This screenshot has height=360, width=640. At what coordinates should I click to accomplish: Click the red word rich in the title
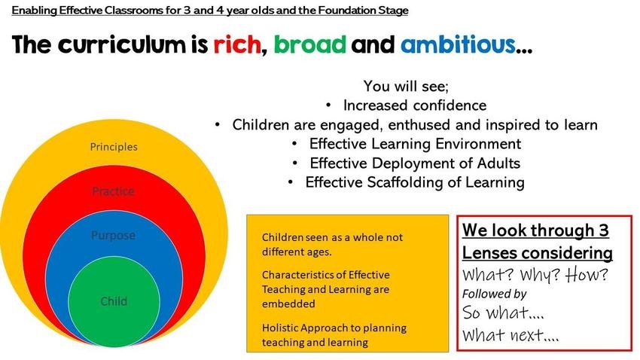click(x=237, y=44)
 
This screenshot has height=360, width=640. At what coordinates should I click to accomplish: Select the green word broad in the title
click(x=310, y=44)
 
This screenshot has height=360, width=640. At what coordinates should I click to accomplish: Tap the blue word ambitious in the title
click(x=459, y=44)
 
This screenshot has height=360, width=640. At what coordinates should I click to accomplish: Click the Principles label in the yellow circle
click(x=114, y=147)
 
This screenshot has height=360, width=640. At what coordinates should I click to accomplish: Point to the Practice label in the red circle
click(x=114, y=191)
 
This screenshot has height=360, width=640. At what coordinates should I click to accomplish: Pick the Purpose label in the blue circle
click(x=114, y=236)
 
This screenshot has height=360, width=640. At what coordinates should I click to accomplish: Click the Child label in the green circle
click(x=114, y=301)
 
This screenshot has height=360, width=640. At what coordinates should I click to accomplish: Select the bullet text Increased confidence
click(x=415, y=105)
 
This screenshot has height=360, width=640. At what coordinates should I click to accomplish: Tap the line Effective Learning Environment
click(x=415, y=144)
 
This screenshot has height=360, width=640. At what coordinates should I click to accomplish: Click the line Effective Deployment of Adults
click(x=415, y=163)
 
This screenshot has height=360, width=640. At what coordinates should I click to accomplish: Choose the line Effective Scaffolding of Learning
click(x=415, y=182)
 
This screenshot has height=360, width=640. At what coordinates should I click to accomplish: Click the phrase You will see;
click(x=406, y=86)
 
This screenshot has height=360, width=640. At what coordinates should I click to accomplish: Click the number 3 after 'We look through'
click(x=604, y=230)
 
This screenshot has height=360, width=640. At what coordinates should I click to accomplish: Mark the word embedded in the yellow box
click(x=288, y=304)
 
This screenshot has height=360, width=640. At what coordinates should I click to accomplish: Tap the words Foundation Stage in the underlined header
click(x=363, y=11)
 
